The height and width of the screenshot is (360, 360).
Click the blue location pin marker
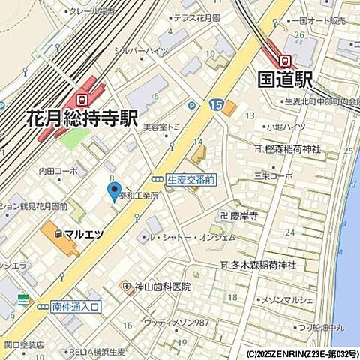(114, 190)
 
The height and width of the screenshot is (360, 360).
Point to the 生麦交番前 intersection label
(190, 180)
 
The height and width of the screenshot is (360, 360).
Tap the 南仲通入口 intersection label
(76, 306)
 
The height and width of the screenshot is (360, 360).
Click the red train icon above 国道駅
(284, 60)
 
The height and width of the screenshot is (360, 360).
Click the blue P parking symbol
(191, 106)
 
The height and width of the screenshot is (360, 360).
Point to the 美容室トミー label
(167, 127)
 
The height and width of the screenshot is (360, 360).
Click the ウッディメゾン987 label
(176, 322)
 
